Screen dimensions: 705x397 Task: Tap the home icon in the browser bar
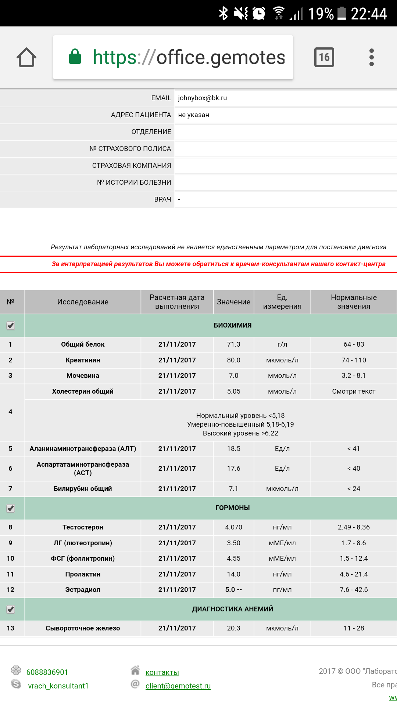coord(26,58)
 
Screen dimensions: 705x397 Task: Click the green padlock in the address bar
coord(75,57)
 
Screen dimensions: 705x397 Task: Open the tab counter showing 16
coord(324,57)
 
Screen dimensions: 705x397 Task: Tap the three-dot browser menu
coord(371,57)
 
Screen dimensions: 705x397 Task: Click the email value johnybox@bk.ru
coord(203,98)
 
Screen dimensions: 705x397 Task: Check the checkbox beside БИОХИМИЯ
coord(11,326)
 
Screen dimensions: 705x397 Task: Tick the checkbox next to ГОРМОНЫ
coord(11,508)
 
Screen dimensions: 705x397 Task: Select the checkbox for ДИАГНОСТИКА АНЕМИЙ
coord(11,610)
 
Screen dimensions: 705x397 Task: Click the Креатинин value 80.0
coord(233,360)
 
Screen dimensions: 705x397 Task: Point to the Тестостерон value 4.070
coord(233,527)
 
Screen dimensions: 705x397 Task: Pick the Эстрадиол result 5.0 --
coord(233,590)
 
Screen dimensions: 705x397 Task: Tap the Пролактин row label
coord(83,574)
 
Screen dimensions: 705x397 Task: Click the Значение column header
coord(233,302)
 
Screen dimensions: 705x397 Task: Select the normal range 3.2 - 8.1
coord(354,376)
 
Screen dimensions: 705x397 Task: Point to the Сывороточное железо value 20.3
coord(233,628)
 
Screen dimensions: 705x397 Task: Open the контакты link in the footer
coord(162,672)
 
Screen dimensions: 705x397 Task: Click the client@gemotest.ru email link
coord(178,686)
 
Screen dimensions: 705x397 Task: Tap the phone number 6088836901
coord(47,672)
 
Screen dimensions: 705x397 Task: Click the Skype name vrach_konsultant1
coord(58,686)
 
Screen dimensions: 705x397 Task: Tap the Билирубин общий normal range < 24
coord(354,489)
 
